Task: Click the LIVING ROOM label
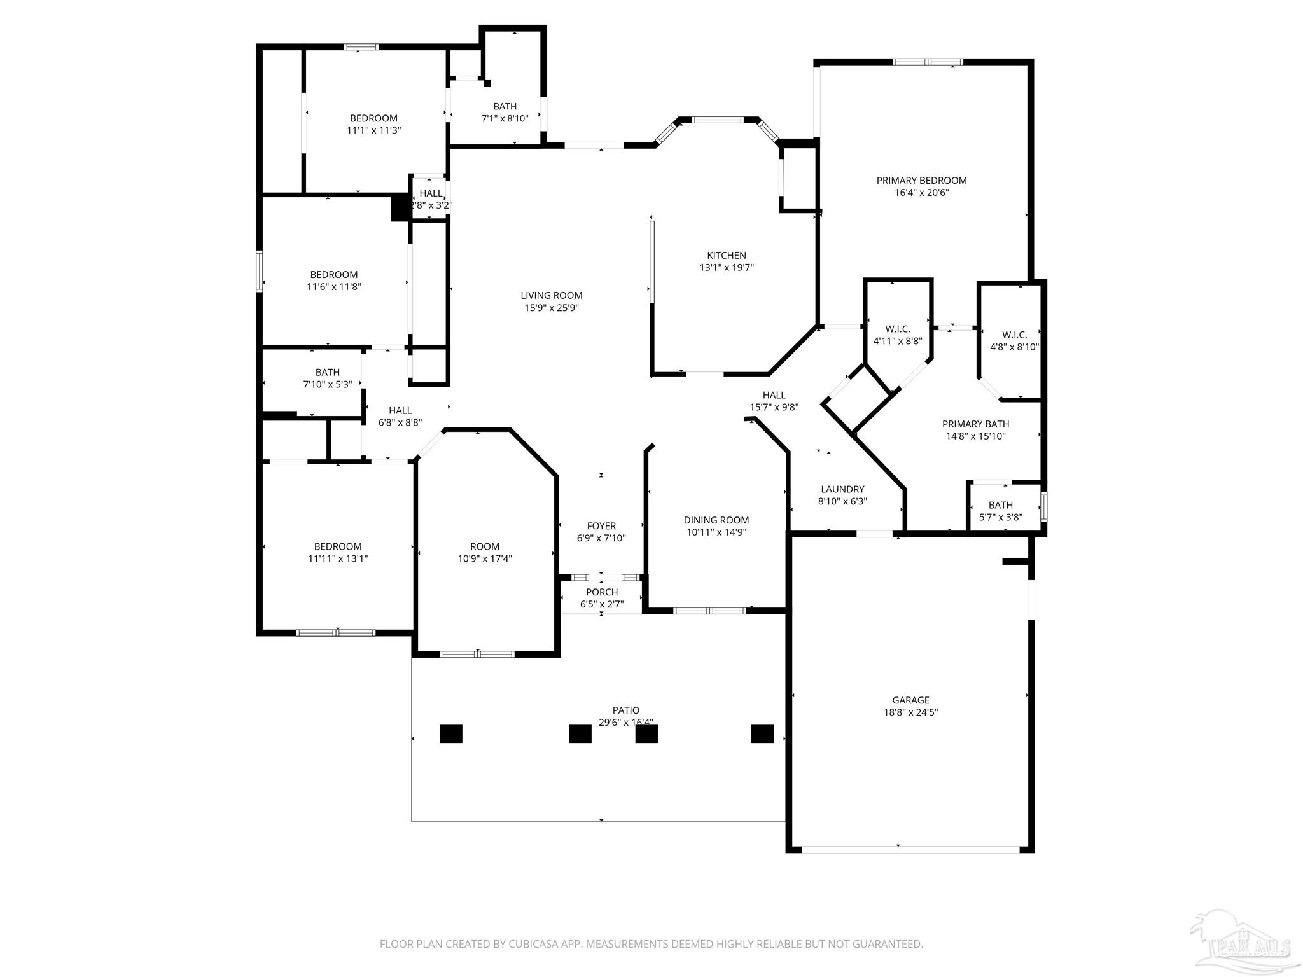[551, 295]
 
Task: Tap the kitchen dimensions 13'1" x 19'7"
[727, 268]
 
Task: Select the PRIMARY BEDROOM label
[921, 181]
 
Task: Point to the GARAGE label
[910, 700]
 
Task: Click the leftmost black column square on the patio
[451, 733]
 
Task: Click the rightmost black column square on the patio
[762, 733]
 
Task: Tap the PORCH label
[602, 592]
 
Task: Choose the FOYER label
[601, 526]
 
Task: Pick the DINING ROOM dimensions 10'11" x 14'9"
[716, 532]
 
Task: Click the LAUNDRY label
[842, 489]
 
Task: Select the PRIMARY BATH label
[975, 424]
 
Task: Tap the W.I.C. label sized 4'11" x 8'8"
[898, 329]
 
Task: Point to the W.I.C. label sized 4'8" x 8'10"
[1014, 335]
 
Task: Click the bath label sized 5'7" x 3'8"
[1001, 505]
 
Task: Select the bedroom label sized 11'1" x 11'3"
[373, 118]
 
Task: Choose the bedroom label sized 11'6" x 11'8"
[334, 275]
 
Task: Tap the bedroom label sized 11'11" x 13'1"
[338, 546]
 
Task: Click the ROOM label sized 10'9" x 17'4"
[485, 546]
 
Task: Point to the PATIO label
[626, 710]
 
